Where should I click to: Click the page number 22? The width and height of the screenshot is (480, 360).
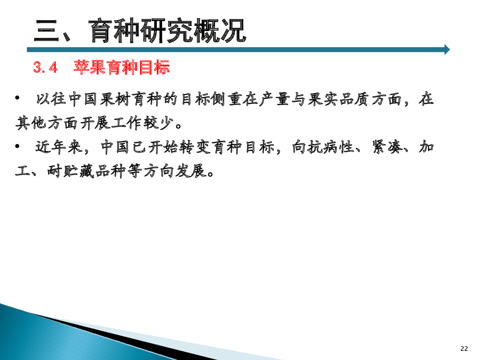(464, 348)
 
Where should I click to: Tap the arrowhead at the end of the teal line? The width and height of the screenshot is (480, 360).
(447, 49)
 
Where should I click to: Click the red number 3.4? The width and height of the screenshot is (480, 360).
(45, 67)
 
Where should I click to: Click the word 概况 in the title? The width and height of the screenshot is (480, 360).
(220, 31)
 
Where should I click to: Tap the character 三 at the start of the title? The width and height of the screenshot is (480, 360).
(47, 31)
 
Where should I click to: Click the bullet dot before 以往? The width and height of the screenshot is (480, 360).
(17, 98)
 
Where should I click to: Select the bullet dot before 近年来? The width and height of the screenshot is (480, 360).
(17, 146)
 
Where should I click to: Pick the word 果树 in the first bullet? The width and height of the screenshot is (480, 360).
(115, 99)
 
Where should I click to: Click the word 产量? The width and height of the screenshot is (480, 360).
(275, 99)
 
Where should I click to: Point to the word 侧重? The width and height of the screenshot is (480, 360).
(227, 99)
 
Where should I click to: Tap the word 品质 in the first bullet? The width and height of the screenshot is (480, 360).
(354, 99)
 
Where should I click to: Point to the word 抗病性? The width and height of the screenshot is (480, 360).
(331, 147)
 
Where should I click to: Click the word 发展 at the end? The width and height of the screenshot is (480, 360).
(191, 171)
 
